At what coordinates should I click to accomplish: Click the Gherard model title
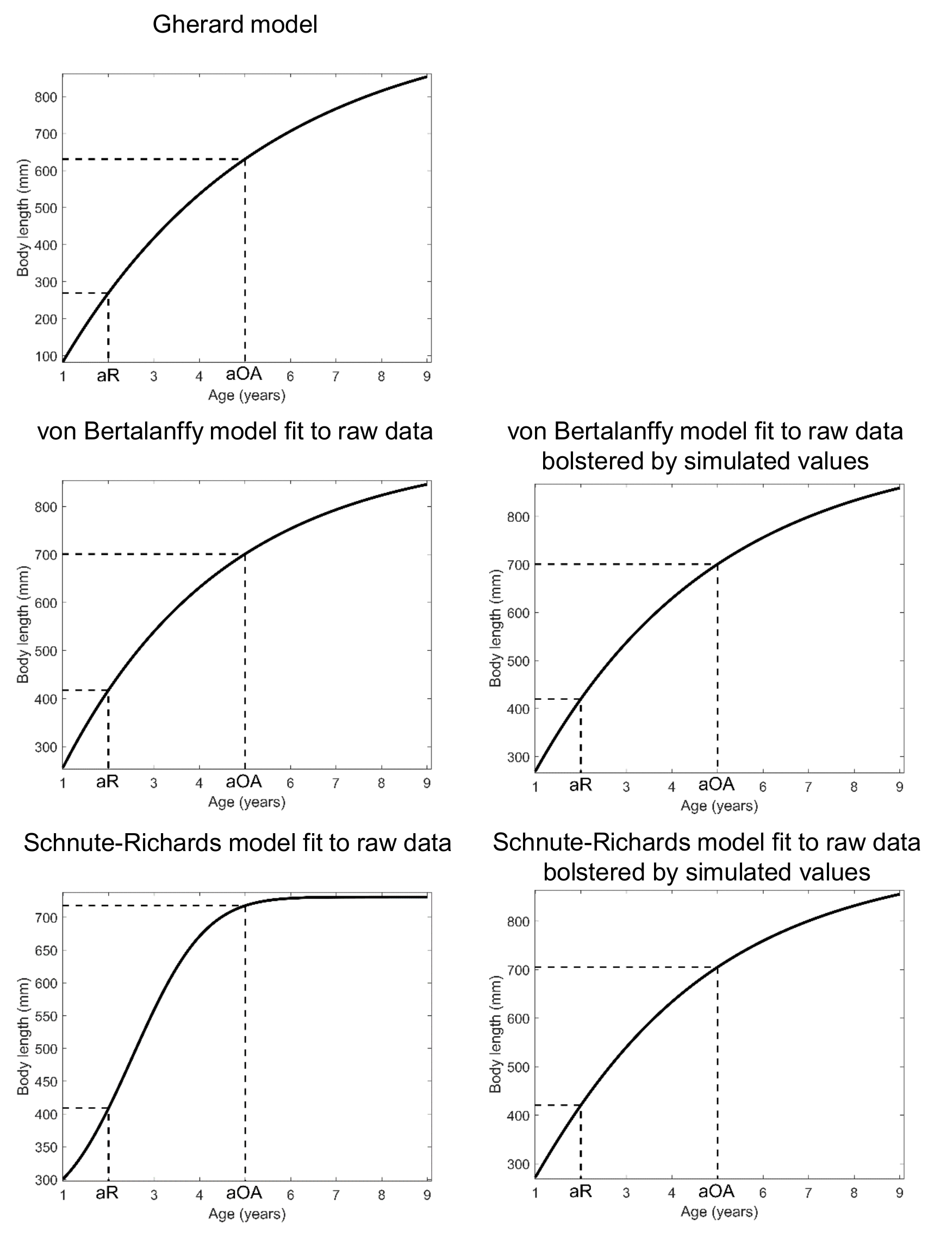point(234,24)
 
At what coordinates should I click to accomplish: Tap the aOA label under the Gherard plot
point(244,374)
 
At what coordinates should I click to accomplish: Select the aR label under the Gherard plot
point(108,375)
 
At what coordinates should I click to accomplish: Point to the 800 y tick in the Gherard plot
point(46,97)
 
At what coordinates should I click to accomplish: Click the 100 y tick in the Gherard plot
point(46,356)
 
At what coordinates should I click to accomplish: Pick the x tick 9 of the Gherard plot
point(427,376)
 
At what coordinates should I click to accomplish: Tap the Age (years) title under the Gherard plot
point(246,395)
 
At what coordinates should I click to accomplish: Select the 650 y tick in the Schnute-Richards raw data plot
point(46,950)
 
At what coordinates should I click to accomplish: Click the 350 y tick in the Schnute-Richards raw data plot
point(46,1147)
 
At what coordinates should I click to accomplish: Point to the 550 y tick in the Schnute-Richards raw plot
point(46,1016)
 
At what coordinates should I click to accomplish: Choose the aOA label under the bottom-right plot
point(717,1191)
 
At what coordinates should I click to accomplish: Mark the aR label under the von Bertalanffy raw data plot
point(107,781)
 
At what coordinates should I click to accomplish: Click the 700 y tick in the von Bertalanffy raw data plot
point(46,555)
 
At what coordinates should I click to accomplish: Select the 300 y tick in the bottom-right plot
point(518,1164)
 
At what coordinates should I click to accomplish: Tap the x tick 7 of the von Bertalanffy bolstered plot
point(808,787)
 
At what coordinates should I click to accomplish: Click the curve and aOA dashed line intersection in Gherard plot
point(245,160)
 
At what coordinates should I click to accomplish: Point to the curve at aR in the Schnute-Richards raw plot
point(108,1108)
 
